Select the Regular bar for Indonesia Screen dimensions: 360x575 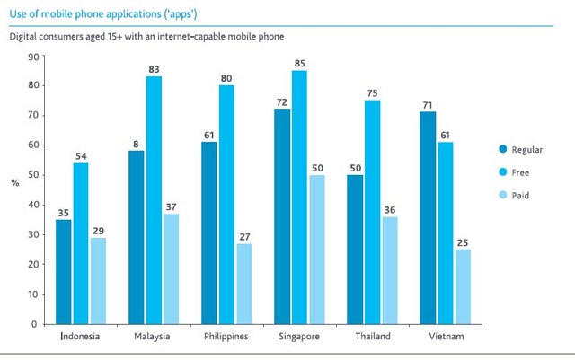[64, 271]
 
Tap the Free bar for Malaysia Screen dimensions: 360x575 [154, 199]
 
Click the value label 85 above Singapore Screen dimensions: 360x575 [299, 64]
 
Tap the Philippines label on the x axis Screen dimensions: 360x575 [226, 338]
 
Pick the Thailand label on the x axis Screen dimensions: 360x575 [373, 338]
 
